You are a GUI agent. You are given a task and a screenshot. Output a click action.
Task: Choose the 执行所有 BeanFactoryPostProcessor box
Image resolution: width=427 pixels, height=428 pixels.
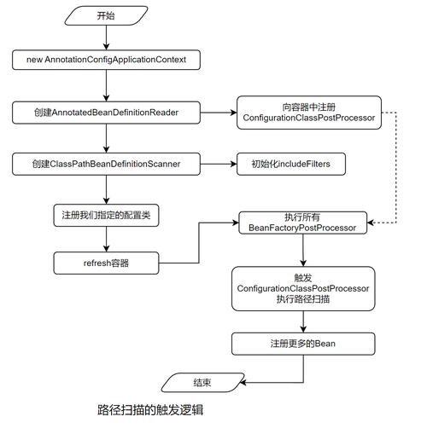[x=303, y=223]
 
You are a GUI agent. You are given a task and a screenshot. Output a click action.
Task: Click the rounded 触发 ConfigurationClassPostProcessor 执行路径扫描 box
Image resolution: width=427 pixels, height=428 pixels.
[x=303, y=289]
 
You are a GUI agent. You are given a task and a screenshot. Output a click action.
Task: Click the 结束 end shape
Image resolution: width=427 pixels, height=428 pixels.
[x=202, y=380]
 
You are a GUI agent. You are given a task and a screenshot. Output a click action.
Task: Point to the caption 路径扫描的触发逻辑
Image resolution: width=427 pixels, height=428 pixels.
[x=150, y=410]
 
